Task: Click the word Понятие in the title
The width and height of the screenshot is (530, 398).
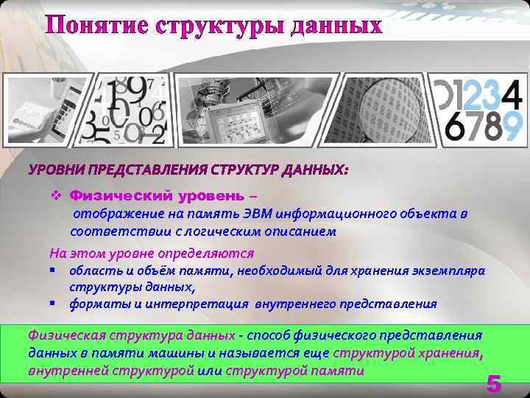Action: tap(97, 25)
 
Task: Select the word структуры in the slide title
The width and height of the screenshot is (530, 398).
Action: tap(220, 26)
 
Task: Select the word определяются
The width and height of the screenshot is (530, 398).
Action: tap(205, 254)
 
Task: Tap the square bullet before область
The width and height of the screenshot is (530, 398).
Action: tap(53, 270)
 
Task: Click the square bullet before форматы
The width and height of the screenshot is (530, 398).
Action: tap(53, 302)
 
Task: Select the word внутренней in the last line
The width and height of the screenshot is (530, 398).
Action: tap(62, 371)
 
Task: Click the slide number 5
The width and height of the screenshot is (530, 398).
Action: tap(493, 383)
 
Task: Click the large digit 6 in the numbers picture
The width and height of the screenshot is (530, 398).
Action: tap(456, 126)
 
